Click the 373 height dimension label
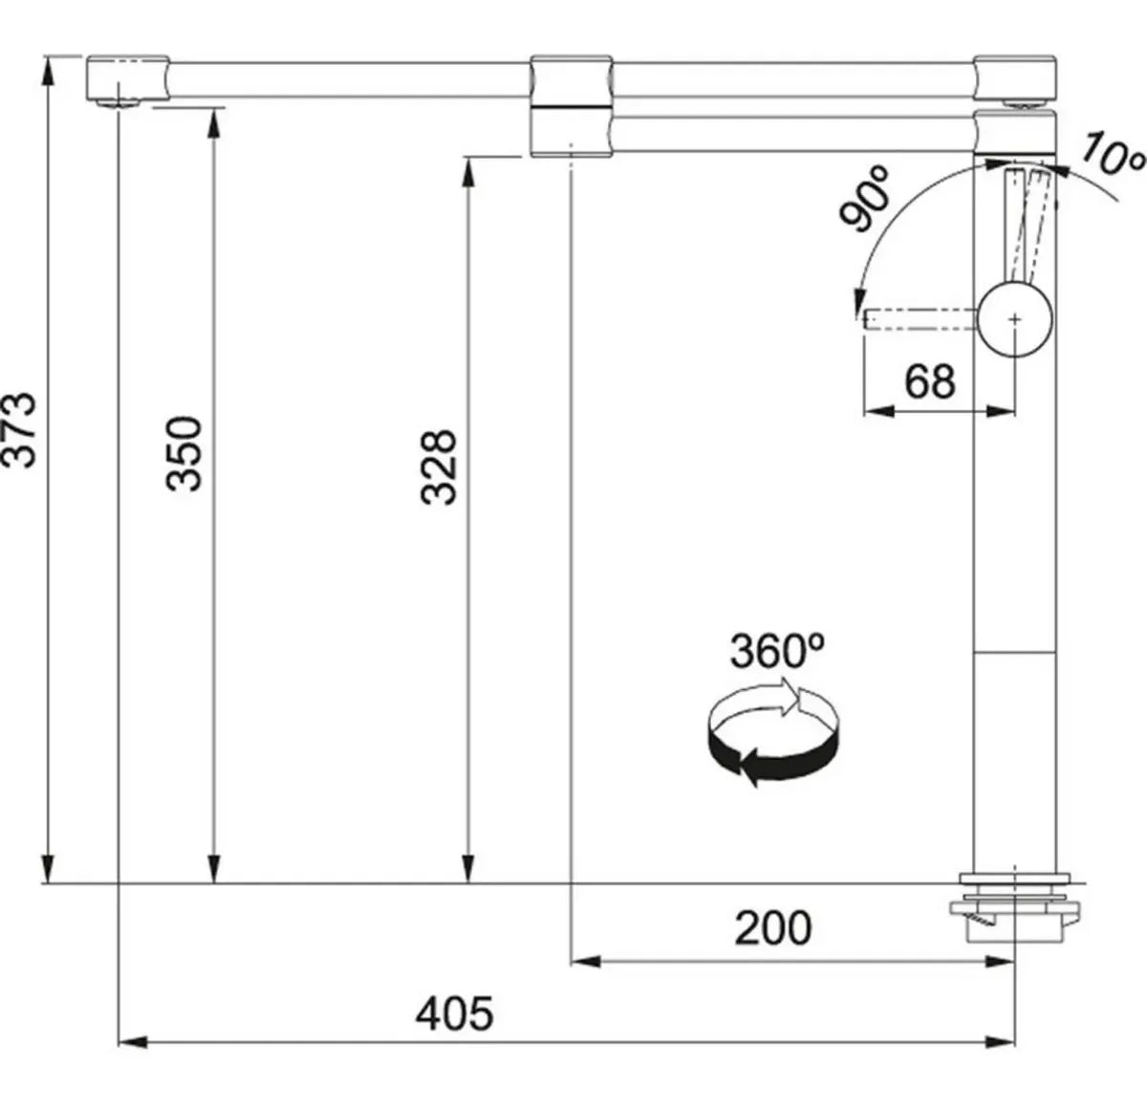tap(21, 429)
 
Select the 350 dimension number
tap(185, 453)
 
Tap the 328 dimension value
tap(441, 466)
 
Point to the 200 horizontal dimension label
tap(772, 927)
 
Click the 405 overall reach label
tap(454, 1013)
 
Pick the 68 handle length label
tap(929, 382)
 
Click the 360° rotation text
tap(776, 651)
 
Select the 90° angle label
tap(866, 198)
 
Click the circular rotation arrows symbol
tap(772, 731)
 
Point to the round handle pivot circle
tap(1015, 318)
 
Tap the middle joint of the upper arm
tap(571, 77)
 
